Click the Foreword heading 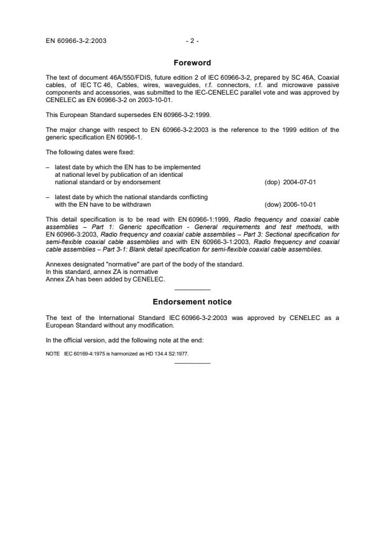192,63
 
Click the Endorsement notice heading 192,302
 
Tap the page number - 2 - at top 192,41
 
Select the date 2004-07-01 300,183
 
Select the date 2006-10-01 300,204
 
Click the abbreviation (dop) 272,183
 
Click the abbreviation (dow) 272,204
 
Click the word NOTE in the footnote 53,354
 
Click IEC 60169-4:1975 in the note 83,354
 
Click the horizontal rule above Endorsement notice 192,290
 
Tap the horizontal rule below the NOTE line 192,363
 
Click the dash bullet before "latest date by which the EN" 48,168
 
